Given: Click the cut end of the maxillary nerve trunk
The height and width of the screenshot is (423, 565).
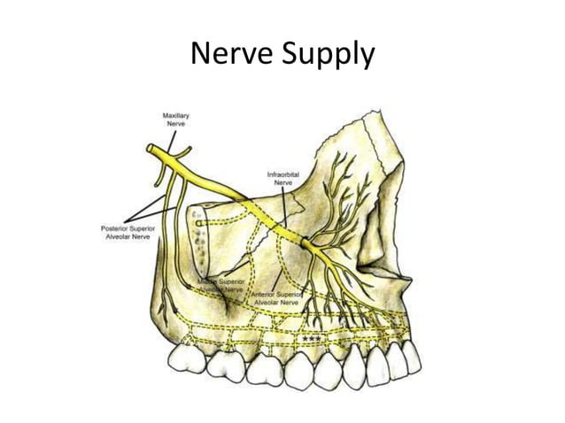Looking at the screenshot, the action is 151,150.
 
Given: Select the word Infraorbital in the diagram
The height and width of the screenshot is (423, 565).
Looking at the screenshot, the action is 284,174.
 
